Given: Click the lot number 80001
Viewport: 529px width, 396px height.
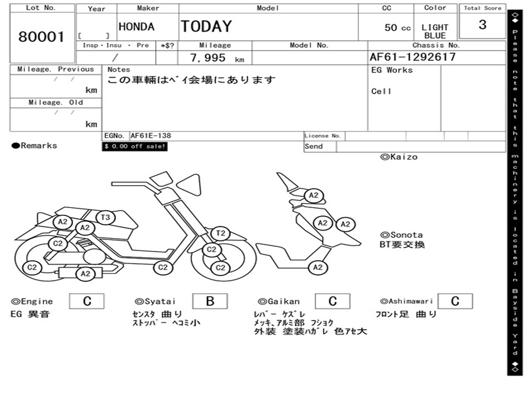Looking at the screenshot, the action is tap(42, 37).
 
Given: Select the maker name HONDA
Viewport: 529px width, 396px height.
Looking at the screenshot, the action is tap(136, 27).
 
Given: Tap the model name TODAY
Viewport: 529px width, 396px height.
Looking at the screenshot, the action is tap(206, 26).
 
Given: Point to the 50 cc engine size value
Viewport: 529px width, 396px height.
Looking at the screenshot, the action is tap(397, 28).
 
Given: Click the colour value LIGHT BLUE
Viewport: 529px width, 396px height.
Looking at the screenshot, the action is tap(435, 31).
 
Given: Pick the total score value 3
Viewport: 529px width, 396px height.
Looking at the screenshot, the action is tap(482, 25).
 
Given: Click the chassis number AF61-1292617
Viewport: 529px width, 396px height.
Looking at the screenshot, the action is tap(413, 57).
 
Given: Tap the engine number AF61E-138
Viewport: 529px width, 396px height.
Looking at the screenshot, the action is tap(151, 136).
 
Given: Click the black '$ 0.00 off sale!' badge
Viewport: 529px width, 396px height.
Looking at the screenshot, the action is tap(135, 146).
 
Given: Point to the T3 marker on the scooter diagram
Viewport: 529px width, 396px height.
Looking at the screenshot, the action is tap(105, 218).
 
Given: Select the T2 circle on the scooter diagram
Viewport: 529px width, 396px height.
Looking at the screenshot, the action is tap(221, 233).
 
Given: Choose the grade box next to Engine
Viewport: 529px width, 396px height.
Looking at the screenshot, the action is tap(87, 301).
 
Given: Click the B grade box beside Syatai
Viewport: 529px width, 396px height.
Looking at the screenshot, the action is tap(210, 301).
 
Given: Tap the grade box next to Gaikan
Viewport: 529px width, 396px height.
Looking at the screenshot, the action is tap(332, 301).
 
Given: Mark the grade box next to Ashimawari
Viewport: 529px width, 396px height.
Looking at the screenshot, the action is tap(455, 301).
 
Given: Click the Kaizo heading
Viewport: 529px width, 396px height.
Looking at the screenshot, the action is tap(399, 157).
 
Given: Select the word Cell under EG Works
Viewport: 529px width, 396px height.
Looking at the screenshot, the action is tap(381, 91).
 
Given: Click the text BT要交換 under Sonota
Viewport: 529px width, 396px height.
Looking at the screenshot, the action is tap(402, 244).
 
